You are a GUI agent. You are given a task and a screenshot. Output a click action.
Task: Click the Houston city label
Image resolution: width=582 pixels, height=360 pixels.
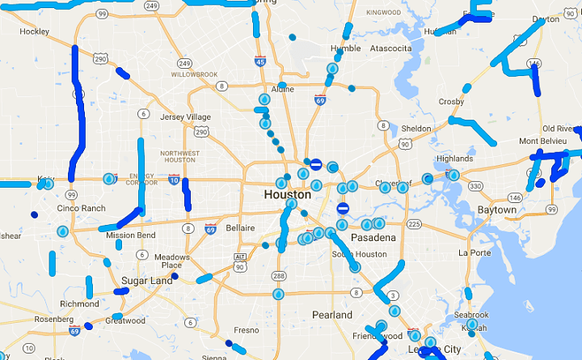pos(287,195)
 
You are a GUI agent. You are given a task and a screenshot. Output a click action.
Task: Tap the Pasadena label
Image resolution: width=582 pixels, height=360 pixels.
pos(373,238)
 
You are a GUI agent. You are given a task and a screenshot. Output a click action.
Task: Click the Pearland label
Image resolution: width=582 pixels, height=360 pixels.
pos(332,314)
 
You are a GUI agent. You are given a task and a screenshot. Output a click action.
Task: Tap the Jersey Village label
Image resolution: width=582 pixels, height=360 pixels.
pos(186,117)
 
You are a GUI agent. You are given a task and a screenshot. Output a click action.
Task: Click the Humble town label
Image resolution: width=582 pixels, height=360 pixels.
pos(345,49)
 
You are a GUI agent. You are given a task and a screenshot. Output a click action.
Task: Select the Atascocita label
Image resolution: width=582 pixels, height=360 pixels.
pos(390,49)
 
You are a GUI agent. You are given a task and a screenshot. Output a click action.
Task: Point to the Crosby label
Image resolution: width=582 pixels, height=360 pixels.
pos(451,102)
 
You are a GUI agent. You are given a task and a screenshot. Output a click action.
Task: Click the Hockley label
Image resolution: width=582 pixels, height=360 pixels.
pos(34,32)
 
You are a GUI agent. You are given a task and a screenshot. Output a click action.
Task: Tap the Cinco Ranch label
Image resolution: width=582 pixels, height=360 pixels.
pos(81,208)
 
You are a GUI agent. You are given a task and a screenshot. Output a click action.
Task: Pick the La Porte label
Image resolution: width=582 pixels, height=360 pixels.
pos(474,252)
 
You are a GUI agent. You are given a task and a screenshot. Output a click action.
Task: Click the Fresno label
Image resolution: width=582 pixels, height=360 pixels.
pos(246,330)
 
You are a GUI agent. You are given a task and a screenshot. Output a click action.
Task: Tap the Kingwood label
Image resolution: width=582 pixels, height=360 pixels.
pos(383,13)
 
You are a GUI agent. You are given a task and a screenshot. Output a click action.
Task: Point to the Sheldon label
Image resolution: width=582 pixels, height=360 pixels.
pos(416,129)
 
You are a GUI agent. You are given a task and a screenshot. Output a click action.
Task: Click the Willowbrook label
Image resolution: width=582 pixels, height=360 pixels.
pos(195,74)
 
